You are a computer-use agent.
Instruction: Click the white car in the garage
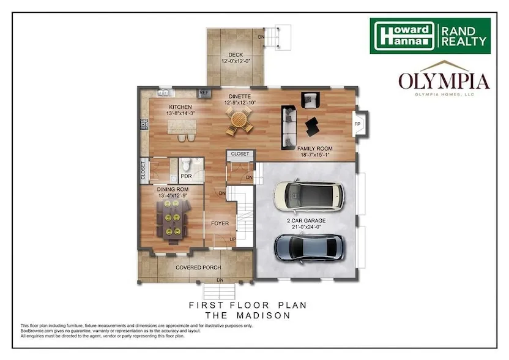(x=308, y=195)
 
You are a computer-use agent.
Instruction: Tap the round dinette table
(x=240, y=121)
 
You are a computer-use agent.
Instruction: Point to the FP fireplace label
(x=357, y=124)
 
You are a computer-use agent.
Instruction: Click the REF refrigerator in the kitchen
(x=204, y=93)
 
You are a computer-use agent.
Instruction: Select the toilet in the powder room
(x=186, y=165)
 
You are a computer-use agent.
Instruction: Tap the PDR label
(x=187, y=176)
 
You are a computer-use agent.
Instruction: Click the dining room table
(x=172, y=219)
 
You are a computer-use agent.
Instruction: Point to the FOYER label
(x=220, y=223)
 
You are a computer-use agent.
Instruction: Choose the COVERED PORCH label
(x=198, y=268)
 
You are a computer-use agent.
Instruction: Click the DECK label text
(x=236, y=55)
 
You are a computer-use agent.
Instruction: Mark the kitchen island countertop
(x=182, y=127)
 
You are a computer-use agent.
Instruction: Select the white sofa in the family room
(x=289, y=127)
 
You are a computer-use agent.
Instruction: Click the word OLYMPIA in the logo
(x=444, y=81)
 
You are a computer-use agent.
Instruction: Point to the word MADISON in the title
(x=263, y=315)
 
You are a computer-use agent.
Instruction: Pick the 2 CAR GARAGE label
(x=306, y=220)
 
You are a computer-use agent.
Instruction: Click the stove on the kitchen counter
(x=144, y=124)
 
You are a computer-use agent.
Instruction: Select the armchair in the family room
(x=310, y=100)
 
